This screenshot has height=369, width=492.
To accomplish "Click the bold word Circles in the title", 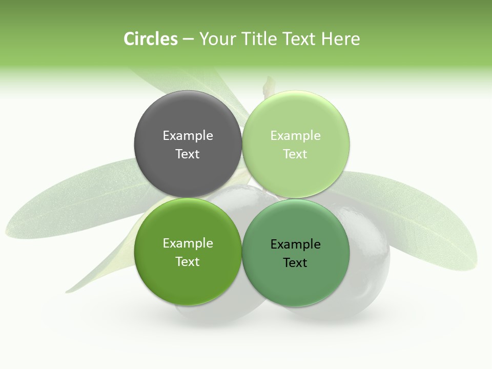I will (150, 39).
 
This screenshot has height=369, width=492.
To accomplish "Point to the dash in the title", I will (188, 39).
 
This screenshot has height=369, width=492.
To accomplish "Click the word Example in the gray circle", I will (188, 136).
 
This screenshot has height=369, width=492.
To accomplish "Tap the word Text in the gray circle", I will (188, 154).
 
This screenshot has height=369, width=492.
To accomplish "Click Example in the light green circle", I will (295, 136).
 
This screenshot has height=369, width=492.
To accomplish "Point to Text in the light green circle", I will (295, 154).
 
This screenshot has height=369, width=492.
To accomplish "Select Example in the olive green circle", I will (188, 243).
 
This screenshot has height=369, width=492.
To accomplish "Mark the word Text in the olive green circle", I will (188, 262).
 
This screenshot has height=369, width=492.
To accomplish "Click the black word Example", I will (295, 244).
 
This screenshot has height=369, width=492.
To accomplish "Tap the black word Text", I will (295, 263).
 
